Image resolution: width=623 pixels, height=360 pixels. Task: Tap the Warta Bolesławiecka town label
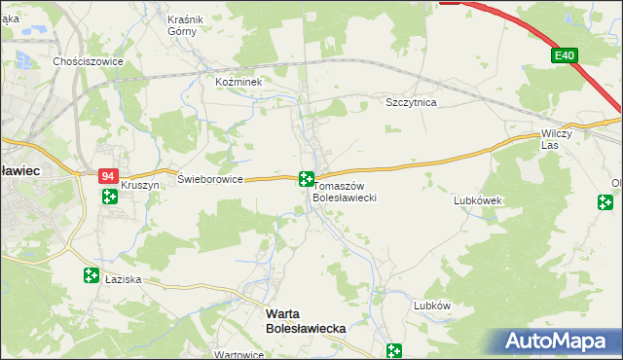(x=306, y=322)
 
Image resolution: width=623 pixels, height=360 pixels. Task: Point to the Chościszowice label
(x=88, y=60)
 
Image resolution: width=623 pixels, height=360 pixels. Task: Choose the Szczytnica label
(x=411, y=102)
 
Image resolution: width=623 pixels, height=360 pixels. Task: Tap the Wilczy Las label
(x=560, y=139)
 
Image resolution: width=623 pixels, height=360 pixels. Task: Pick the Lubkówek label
(x=477, y=200)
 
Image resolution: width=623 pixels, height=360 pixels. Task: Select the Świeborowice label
(x=209, y=179)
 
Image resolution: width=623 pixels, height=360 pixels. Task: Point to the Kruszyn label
(x=139, y=185)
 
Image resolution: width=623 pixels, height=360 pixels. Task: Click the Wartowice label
(x=239, y=354)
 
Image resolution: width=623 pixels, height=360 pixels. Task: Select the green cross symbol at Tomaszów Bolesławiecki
(x=306, y=178)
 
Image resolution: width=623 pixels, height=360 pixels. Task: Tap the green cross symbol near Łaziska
(x=91, y=276)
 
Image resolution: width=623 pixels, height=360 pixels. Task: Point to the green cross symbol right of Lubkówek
(x=605, y=202)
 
